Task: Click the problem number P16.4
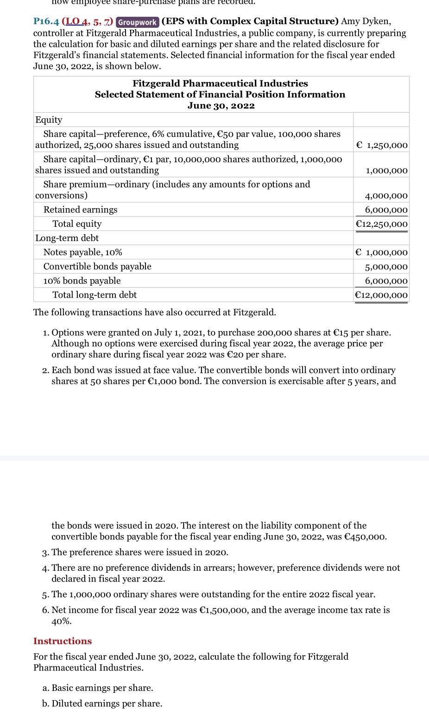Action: tap(46, 22)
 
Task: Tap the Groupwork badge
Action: tap(137, 22)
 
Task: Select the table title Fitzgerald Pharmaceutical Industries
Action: tap(220, 83)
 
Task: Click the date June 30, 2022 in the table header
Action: tap(221, 105)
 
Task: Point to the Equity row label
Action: tap(49, 120)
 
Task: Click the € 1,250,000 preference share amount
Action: tap(381, 145)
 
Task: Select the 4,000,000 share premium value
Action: tap(386, 196)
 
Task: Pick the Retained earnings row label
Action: tap(80, 210)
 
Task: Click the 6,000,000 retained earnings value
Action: tap(386, 210)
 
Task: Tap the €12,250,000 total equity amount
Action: tap(381, 224)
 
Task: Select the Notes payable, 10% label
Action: tap(83, 252)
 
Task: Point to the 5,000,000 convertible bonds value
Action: tap(386, 267)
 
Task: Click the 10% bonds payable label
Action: tap(82, 281)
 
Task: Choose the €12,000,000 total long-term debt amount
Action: tap(381, 295)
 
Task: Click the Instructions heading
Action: tap(63, 641)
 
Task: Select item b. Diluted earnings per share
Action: tap(102, 703)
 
